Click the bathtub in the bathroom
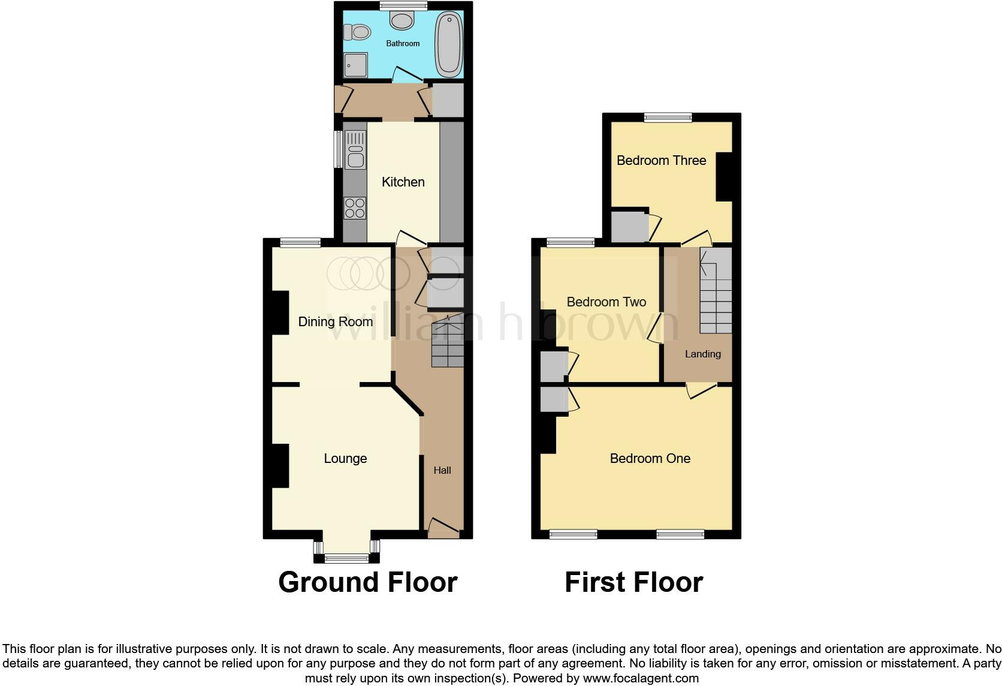pos(449,45)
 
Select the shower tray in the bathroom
pos(355,65)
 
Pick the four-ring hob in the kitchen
pos(355,208)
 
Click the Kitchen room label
pos(403,182)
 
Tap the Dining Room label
pos(336,322)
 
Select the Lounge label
pos(345,459)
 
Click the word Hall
pos(442,470)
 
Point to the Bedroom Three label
pos(661,160)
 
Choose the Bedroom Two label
pos(606,302)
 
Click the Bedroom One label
pos(650,459)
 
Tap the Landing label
pos(703,354)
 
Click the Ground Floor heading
pos(367,582)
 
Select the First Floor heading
pos(633,582)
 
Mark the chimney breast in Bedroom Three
pos(724,177)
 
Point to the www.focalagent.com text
pos(641,678)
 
